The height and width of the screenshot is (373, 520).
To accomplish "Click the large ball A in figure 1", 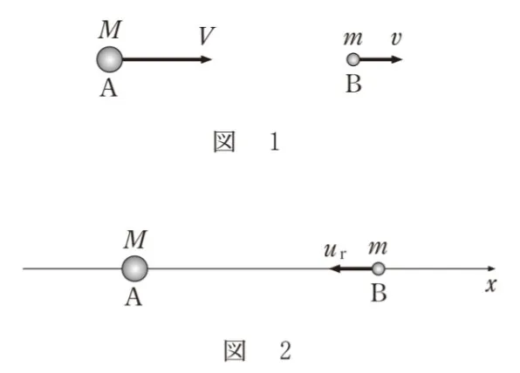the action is pos(109,59).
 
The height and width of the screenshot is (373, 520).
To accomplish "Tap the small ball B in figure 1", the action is pos(353,59).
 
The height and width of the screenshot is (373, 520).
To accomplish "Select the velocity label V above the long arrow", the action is pos(207,36).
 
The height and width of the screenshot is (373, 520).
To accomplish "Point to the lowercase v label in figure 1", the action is pos(396,38).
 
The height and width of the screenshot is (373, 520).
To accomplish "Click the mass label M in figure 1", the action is pos(110,30).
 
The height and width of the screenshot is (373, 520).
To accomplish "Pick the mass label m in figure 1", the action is pos(352,38).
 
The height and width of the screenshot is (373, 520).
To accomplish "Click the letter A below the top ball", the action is pos(109,88).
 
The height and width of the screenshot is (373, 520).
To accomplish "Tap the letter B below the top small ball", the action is pos(353,84).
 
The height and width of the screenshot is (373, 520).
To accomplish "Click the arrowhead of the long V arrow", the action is pos(206,59).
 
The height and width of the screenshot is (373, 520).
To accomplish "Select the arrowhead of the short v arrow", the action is pos(397,59).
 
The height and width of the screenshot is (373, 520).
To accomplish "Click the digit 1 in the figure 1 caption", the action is pos(275,142).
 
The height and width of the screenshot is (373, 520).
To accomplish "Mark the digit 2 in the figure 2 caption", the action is pos(285,350).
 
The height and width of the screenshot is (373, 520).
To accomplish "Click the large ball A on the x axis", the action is pos(134,268).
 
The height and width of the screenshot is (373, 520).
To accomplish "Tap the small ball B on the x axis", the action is pos(378,268).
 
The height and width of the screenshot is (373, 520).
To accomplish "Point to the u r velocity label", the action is pos(335,251).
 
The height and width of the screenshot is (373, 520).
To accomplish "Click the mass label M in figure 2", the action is pos(135,239).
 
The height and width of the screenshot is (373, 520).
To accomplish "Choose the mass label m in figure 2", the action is pos(378,248).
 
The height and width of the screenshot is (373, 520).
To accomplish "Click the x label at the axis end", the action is pos(491,285).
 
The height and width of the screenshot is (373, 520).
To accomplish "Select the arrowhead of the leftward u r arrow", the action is pos(335,268).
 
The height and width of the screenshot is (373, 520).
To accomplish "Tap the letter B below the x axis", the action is pos(379,293).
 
